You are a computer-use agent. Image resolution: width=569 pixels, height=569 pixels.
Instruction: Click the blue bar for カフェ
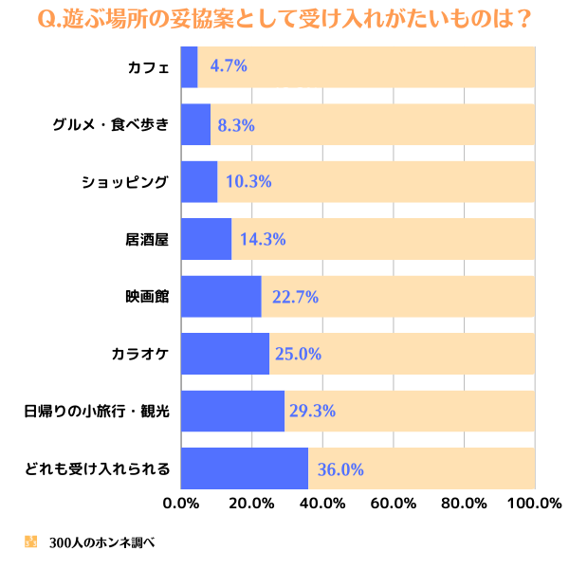click(189, 66)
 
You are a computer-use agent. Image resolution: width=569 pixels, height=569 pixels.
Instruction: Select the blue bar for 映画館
click(220, 297)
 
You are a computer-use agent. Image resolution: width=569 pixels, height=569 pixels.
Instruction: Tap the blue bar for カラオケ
click(224, 354)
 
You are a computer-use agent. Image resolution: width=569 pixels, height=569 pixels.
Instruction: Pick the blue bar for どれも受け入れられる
click(244, 468)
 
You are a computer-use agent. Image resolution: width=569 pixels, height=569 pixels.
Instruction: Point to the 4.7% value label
click(229, 66)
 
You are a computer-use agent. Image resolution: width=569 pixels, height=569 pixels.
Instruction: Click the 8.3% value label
click(236, 124)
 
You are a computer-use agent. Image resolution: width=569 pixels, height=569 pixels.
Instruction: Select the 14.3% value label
click(263, 239)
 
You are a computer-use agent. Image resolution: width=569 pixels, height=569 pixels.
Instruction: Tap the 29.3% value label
click(316, 412)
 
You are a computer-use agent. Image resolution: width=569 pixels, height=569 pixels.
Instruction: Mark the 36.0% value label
click(340, 468)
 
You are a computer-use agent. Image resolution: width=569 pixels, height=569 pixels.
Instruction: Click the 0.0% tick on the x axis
click(181, 503)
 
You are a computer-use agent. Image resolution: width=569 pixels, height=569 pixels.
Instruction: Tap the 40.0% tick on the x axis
click(322, 503)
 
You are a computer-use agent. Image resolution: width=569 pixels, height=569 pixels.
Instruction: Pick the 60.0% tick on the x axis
click(393, 503)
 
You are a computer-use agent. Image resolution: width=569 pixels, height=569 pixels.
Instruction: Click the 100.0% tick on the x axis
click(534, 503)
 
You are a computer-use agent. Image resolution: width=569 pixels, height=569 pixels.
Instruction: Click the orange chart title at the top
click(284, 19)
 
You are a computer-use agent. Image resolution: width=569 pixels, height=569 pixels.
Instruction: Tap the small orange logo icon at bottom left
click(30, 542)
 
